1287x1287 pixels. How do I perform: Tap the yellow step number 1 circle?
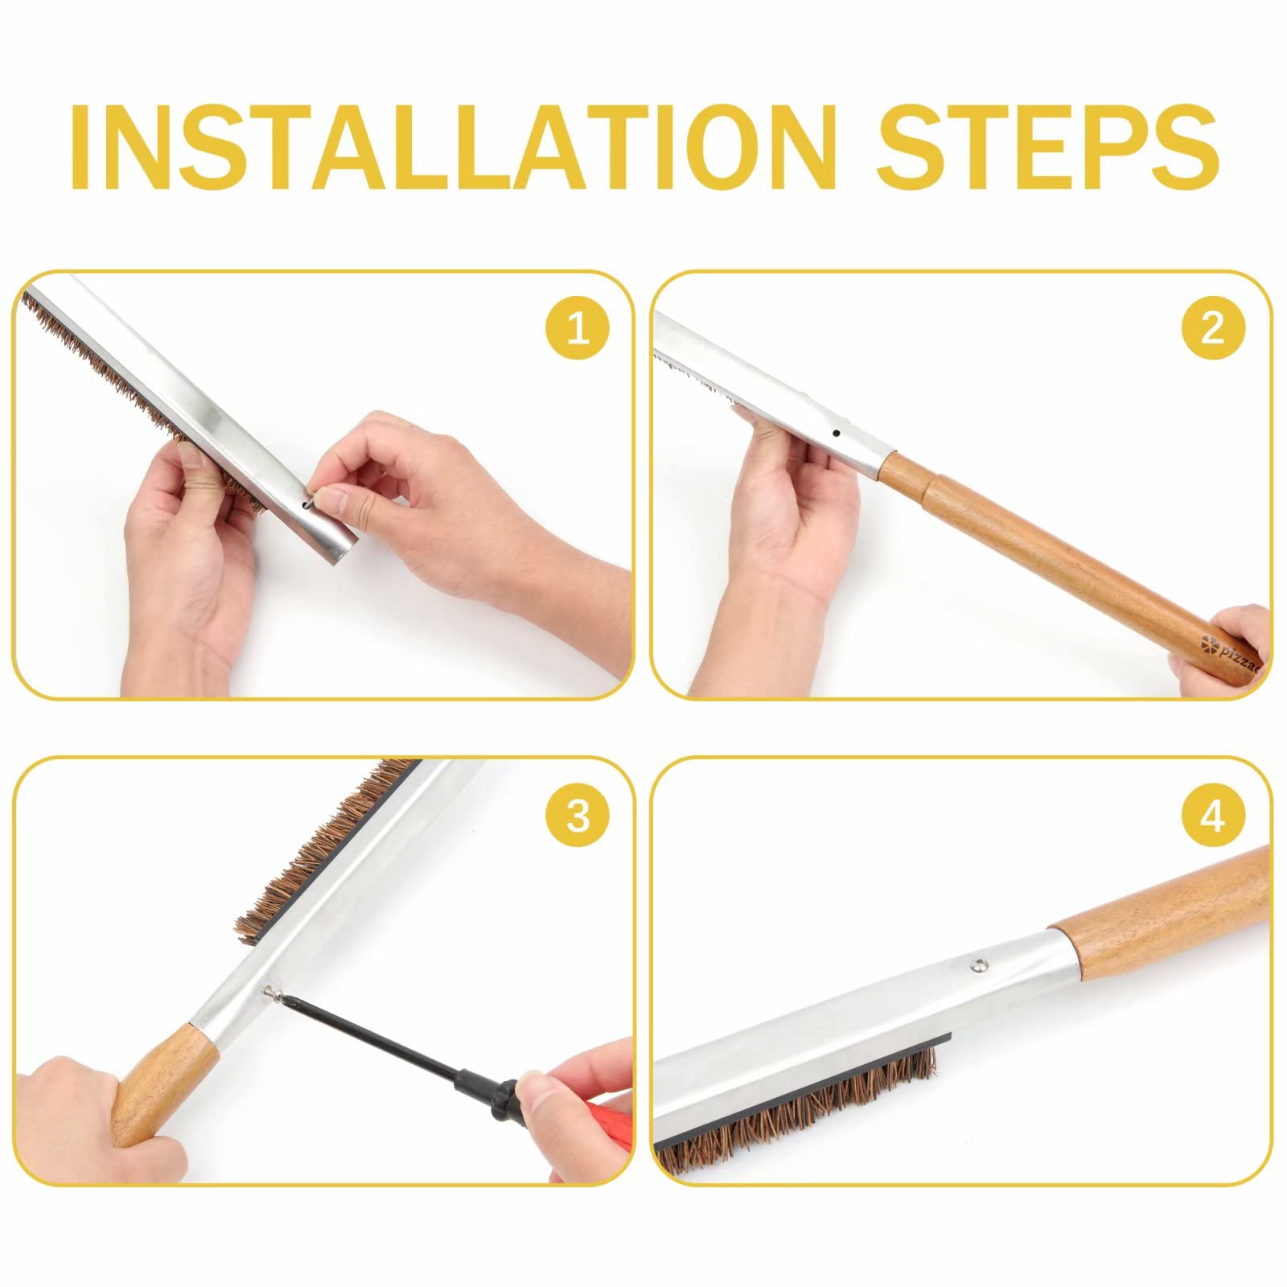coord(578,329)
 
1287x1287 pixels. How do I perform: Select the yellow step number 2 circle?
coord(1213,329)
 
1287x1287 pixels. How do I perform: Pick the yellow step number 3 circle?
coord(578,816)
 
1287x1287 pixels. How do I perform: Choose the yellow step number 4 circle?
coord(1213,816)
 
